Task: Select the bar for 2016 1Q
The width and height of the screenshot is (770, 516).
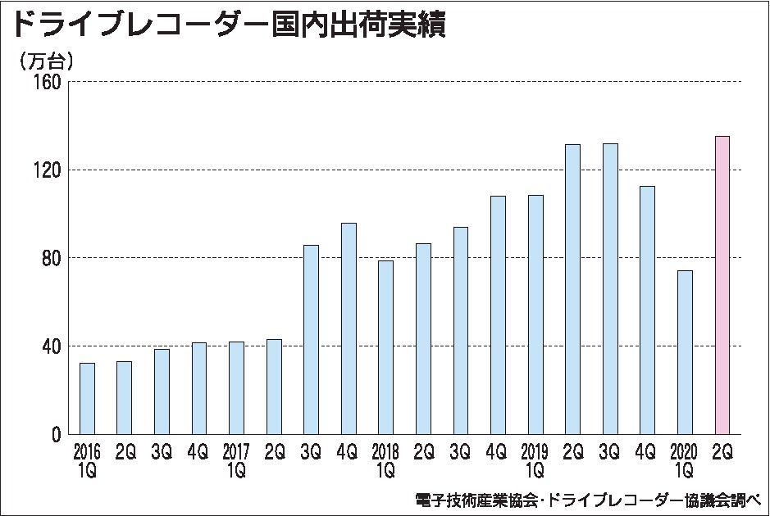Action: (x=87, y=398)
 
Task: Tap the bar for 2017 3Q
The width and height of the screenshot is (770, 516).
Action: (x=311, y=339)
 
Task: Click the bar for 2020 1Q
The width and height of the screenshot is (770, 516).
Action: (x=685, y=352)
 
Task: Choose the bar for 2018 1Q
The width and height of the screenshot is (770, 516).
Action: (x=385, y=347)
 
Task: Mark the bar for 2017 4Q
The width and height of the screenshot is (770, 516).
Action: (x=349, y=328)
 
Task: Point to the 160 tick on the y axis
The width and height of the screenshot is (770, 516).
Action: (x=48, y=83)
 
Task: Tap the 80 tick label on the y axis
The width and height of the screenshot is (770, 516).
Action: (x=52, y=258)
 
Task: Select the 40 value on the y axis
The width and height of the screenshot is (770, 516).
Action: (x=52, y=346)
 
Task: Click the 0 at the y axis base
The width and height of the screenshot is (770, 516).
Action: (x=57, y=434)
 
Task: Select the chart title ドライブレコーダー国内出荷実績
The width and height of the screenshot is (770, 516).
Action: (x=226, y=25)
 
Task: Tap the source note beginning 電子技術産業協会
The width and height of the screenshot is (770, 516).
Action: (x=587, y=500)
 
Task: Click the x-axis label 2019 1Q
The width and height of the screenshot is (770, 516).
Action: (x=535, y=461)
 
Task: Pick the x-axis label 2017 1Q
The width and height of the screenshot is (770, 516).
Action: (x=236, y=461)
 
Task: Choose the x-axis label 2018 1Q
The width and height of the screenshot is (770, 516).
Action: (x=385, y=461)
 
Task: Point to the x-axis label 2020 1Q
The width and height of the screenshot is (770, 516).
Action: (x=685, y=461)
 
